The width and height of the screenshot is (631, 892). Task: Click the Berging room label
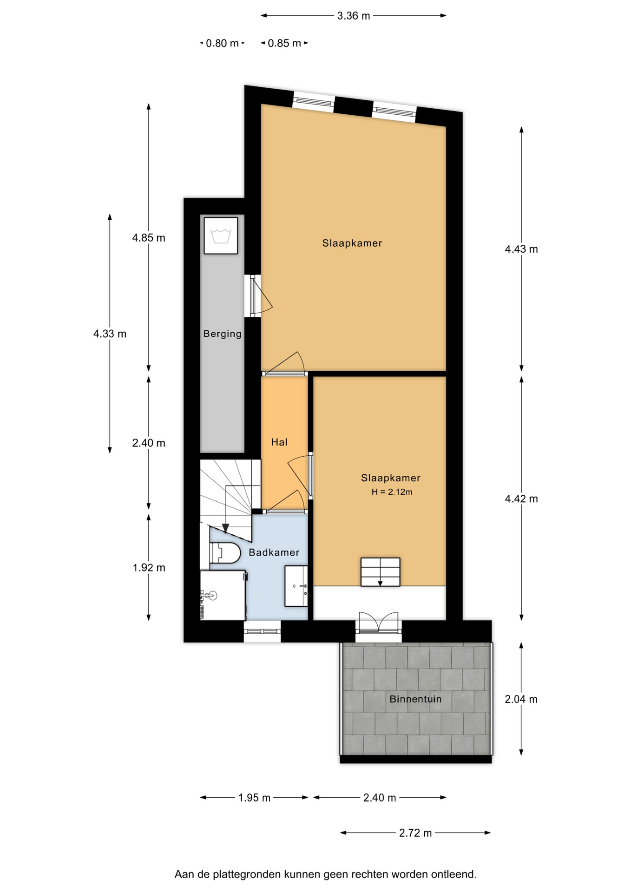tap(222, 334)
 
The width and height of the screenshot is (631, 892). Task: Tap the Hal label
tap(279, 442)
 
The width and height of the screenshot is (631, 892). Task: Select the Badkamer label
tap(274, 552)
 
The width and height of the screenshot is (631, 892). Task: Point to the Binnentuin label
tap(415, 699)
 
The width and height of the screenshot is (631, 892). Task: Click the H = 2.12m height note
tap(392, 492)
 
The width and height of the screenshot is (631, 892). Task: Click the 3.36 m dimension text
tap(354, 16)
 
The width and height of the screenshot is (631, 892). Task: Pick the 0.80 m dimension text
tap(222, 43)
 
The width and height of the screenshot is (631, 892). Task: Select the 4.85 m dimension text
tap(149, 238)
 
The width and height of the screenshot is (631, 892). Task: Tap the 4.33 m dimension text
tap(110, 334)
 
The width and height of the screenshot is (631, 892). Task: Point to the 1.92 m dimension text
tap(149, 567)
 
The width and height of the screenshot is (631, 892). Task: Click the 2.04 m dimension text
tap(521, 699)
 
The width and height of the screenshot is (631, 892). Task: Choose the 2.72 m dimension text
tap(415, 833)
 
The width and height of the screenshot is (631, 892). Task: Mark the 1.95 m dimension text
tap(254, 798)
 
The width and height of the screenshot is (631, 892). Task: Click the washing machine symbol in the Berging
tap(221, 236)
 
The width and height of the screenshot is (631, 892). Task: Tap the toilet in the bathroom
tap(225, 553)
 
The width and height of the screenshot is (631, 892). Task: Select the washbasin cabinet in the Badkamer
tap(296, 586)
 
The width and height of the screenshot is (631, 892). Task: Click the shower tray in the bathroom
tap(223, 595)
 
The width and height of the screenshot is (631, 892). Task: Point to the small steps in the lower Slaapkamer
tap(380, 571)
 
